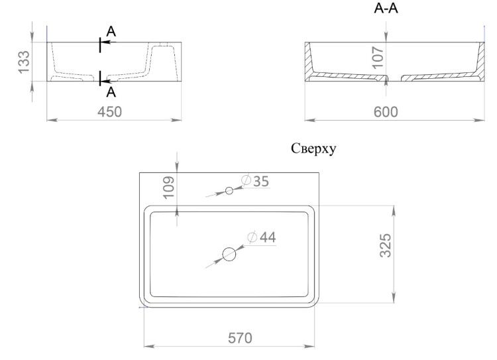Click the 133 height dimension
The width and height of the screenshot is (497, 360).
(24, 62)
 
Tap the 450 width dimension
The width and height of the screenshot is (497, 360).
(109, 112)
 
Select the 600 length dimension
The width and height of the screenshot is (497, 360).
(386, 112)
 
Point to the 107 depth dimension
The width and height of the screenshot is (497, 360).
(378, 58)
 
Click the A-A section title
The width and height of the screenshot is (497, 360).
(386, 9)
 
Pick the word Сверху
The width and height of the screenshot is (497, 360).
(313, 149)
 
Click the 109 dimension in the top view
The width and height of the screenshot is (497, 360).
(168, 188)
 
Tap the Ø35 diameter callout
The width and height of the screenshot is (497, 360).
(255, 181)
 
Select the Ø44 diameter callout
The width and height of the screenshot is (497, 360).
(262, 237)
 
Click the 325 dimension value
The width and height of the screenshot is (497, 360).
(386, 245)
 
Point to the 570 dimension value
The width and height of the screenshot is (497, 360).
(240, 338)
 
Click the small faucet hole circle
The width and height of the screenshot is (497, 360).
(229, 190)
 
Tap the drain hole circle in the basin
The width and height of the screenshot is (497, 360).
(229, 254)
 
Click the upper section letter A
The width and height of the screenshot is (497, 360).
(111, 32)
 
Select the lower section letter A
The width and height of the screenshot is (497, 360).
(111, 92)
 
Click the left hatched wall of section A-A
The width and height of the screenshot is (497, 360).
(308, 61)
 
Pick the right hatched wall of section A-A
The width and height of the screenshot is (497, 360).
(481, 61)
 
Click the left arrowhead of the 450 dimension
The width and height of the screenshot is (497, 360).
(52, 120)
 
